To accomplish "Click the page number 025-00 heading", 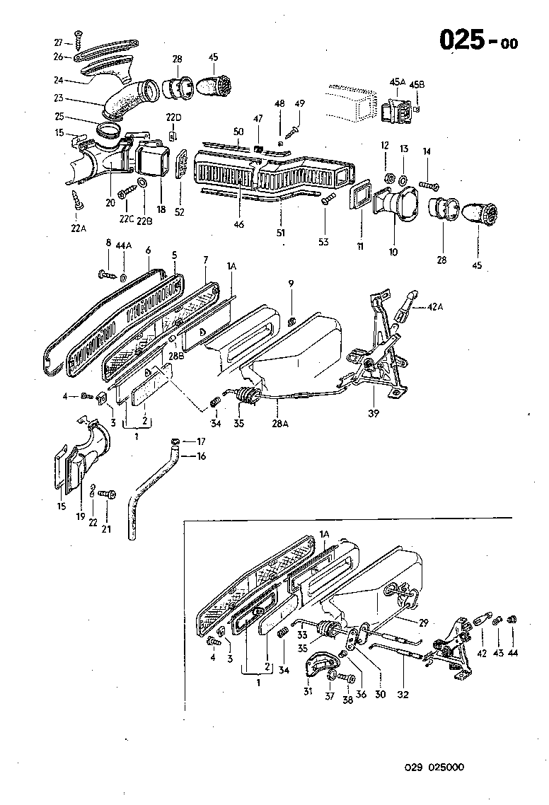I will pos(478,40).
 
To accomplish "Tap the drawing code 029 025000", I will pos(434,767).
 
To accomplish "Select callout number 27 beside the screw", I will pos(59,43).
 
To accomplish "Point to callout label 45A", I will pos(397,82).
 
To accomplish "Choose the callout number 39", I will pos(373,412).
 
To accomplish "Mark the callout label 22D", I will pos(173,117).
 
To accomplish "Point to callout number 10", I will pos(393,251).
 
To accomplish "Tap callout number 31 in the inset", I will pos(308,690).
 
